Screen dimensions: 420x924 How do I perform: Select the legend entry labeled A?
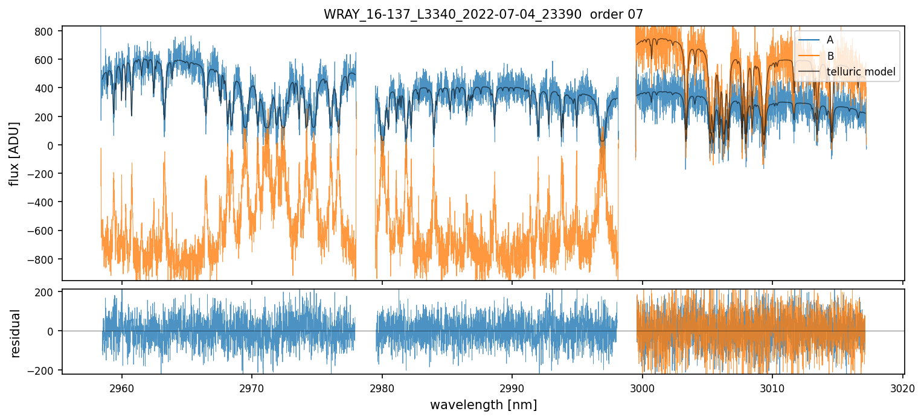[x=830, y=40]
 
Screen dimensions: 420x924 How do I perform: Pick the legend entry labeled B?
[x=830, y=56]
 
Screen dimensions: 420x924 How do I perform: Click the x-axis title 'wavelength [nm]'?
[x=483, y=404]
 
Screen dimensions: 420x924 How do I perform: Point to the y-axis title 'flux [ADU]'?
[x=14, y=153]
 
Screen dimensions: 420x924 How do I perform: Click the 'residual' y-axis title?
[x=16, y=333]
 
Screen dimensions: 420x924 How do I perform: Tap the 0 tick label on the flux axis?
[x=51, y=145]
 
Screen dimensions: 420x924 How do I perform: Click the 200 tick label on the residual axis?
[x=47, y=292]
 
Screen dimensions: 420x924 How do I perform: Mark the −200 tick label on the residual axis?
[x=43, y=370]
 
